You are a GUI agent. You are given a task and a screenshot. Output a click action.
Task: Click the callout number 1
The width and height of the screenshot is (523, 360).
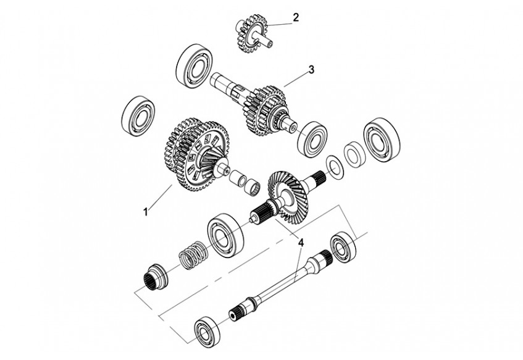(x=146, y=212)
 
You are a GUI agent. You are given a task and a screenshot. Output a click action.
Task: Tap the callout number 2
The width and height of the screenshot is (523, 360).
(x=296, y=17)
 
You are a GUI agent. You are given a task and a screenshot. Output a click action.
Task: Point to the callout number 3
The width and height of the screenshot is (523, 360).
(x=311, y=70)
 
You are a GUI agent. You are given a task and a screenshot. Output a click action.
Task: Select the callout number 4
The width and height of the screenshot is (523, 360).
(x=301, y=243)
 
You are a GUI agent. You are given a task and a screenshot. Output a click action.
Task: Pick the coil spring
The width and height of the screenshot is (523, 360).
(x=194, y=255)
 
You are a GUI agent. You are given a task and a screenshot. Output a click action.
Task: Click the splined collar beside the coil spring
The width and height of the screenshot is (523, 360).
(x=156, y=277)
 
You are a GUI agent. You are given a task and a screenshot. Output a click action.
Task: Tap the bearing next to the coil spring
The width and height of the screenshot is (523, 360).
(x=225, y=236)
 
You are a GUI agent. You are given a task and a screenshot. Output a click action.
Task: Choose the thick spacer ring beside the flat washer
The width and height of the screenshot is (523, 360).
(x=354, y=155)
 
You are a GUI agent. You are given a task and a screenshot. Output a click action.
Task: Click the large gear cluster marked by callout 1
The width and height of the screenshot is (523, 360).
(x=197, y=154)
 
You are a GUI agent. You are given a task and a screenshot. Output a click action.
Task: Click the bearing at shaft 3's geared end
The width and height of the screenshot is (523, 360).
(x=312, y=139)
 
